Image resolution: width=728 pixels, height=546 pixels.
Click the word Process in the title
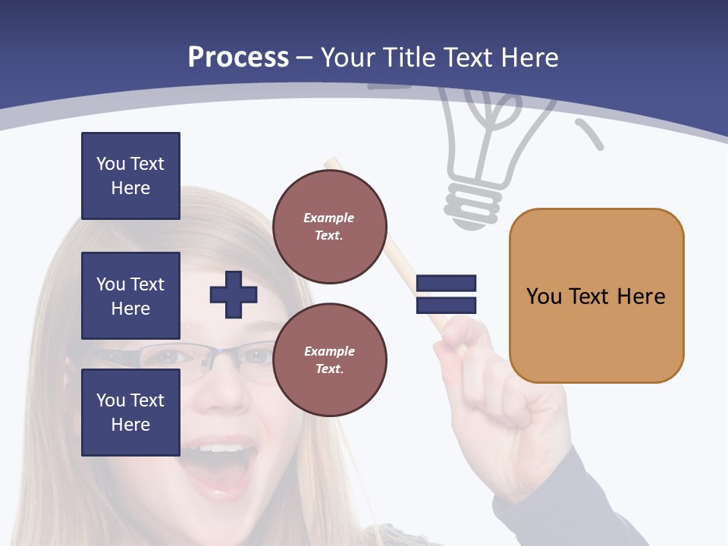[238, 58]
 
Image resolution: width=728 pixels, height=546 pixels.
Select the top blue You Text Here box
[130, 176]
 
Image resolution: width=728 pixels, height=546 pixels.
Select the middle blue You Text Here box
[130, 296]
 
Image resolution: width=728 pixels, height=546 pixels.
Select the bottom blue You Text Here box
[130, 413]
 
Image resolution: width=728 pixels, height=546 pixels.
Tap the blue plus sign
[234, 294]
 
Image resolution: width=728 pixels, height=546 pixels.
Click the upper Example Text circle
[329, 227]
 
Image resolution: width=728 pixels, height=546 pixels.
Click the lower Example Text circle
[329, 359]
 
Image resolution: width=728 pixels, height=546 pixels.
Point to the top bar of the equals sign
[446, 283]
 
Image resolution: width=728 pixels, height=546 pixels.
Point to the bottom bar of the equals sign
[446, 305]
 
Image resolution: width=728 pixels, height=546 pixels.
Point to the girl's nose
[220, 394]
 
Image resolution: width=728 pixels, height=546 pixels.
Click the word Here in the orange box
[641, 296]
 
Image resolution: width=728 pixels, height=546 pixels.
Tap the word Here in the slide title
[530, 58]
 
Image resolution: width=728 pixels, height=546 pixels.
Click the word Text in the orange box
[590, 296]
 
